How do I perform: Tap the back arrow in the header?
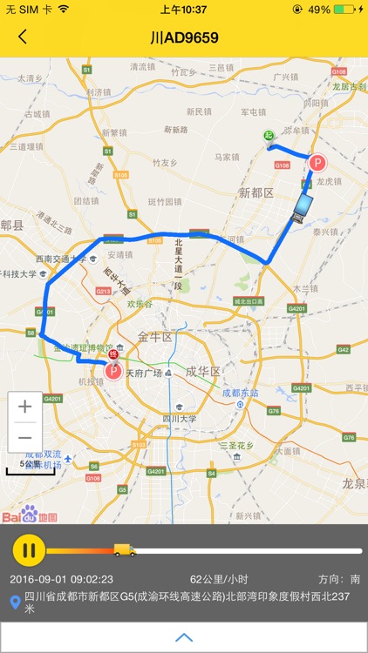click(23, 37)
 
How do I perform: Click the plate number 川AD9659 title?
click(184, 37)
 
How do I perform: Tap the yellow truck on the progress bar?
click(124, 549)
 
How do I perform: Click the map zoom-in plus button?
click(25, 407)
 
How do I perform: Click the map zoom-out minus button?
click(25, 437)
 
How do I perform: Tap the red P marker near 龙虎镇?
click(318, 163)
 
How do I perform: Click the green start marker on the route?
click(270, 136)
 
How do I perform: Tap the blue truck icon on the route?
click(302, 207)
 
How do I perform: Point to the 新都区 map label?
click(256, 192)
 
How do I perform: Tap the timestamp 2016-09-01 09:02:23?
click(61, 579)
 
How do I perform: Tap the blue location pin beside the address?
click(15, 603)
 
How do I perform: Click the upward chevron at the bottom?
click(184, 637)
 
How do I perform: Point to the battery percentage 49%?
click(319, 10)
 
